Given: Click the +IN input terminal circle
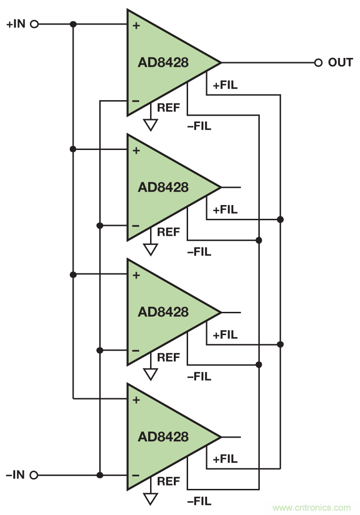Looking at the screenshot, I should pyautogui.click(x=34, y=24).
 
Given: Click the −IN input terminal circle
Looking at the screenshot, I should pyautogui.click(x=34, y=475).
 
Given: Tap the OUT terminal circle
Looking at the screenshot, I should pyautogui.click(x=318, y=63).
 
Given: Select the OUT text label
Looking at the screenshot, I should pyautogui.click(x=340, y=63).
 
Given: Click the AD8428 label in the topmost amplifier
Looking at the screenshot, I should pyautogui.click(x=163, y=63).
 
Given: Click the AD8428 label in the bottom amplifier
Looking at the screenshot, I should pyautogui.click(x=163, y=437).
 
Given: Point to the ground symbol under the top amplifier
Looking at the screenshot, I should pyautogui.click(x=151, y=125).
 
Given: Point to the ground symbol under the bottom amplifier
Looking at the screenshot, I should pyautogui.click(x=151, y=498).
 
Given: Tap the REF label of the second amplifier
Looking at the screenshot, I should pyautogui.click(x=169, y=233).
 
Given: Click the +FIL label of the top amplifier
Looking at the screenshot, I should pyautogui.click(x=225, y=85).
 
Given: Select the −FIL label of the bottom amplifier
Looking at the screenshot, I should pyautogui.click(x=199, y=501).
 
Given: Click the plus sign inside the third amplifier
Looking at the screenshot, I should pyautogui.click(x=136, y=275).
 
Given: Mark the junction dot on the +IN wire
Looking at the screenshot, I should pyautogui.click(x=73, y=24).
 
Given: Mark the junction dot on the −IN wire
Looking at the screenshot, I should pyautogui.click(x=100, y=475).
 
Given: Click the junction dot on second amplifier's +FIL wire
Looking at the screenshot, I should pyautogui.click(x=280, y=219).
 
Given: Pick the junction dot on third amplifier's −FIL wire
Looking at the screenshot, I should pyautogui.click(x=259, y=365).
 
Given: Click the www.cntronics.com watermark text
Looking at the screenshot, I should pyautogui.click(x=312, y=507).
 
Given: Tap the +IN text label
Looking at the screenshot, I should pyautogui.click(x=15, y=24).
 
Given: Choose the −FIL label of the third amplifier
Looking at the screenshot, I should pyautogui.click(x=199, y=377).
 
